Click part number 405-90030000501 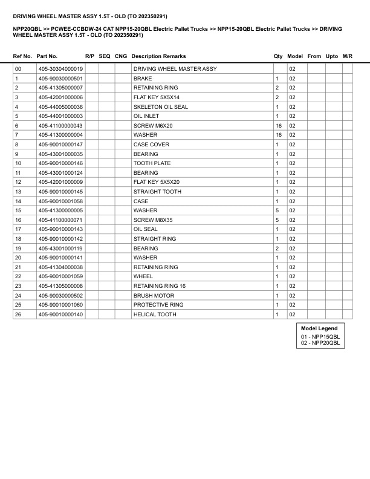pyautogui.click(x=60, y=79)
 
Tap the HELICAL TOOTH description pyautogui.click(x=155, y=314)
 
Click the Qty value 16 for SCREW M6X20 pyautogui.click(x=279, y=126)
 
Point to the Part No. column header pyautogui.click(x=47, y=56)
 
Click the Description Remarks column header pyautogui.click(x=158, y=56)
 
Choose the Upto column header pyautogui.click(x=332, y=56)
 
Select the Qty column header pyautogui.click(x=278, y=56)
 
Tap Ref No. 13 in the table pyautogui.click(x=18, y=192)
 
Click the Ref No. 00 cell pyautogui.click(x=18, y=70)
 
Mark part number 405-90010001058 pyautogui.click(x=60, y=201)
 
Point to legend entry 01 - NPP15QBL pyautogui.click(x=320, y=336)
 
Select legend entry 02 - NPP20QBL pyautogui.click(x=320, y=343)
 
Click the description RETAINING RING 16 pyautogui.click(x=160, y=286)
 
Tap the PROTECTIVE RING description pyautogui.click(x=158, y=305)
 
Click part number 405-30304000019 pyautogui.click(x=60, y=70)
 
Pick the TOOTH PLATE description pyautogui.click(x=152, y=163)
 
